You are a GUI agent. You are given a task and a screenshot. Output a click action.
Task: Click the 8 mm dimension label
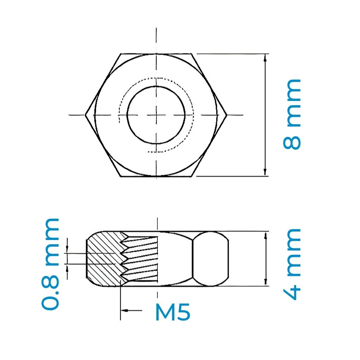[292, 114]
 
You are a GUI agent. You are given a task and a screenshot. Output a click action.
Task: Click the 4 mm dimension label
[292, 264]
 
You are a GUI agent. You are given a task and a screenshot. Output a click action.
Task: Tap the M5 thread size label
[173, 312]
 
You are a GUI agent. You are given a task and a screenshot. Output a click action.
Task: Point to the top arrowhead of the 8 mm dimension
[265, 57]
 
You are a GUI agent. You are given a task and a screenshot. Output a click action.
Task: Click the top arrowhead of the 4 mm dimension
[265, 235]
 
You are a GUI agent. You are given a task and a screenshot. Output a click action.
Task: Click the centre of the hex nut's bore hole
[156, 115]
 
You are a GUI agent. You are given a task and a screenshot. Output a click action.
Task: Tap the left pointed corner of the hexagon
[86, 114]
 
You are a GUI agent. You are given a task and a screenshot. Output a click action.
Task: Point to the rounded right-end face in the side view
[211, 259]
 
